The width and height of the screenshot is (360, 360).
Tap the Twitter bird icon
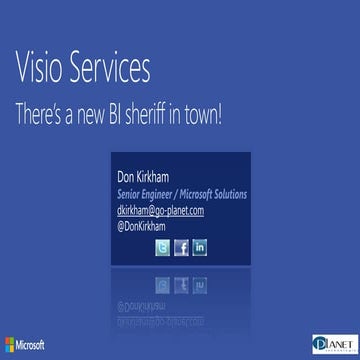pos(162,248)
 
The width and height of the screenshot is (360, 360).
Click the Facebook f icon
pos(181,248)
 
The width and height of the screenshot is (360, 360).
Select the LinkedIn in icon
pos(200,248)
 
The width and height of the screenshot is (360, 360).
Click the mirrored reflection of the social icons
pos(181,267)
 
